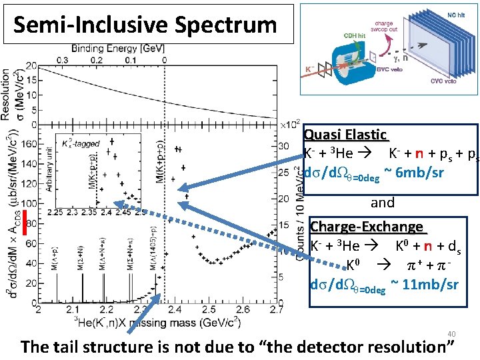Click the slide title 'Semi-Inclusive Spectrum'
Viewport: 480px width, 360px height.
pyautogui.click(x=145, y=25)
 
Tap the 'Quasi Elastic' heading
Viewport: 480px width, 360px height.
pyautogui.click(x=345, y=135)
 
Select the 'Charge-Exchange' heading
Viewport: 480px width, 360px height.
pyautogui.click(x=367, y=227)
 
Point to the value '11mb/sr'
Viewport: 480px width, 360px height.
pyautogui.click(x=430, y=285)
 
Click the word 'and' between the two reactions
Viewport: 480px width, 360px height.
pyautogui.click(x=383, y=203)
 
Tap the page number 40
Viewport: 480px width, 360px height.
pyautogui.click(x=451, y=334)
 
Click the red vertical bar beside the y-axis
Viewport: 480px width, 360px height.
pyautogui.click(x=25, y=223)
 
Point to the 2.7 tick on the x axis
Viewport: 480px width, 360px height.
pyautogui.click(x=275, y=309)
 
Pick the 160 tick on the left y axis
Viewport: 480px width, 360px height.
pyautogui.click(x=28, y=143)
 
